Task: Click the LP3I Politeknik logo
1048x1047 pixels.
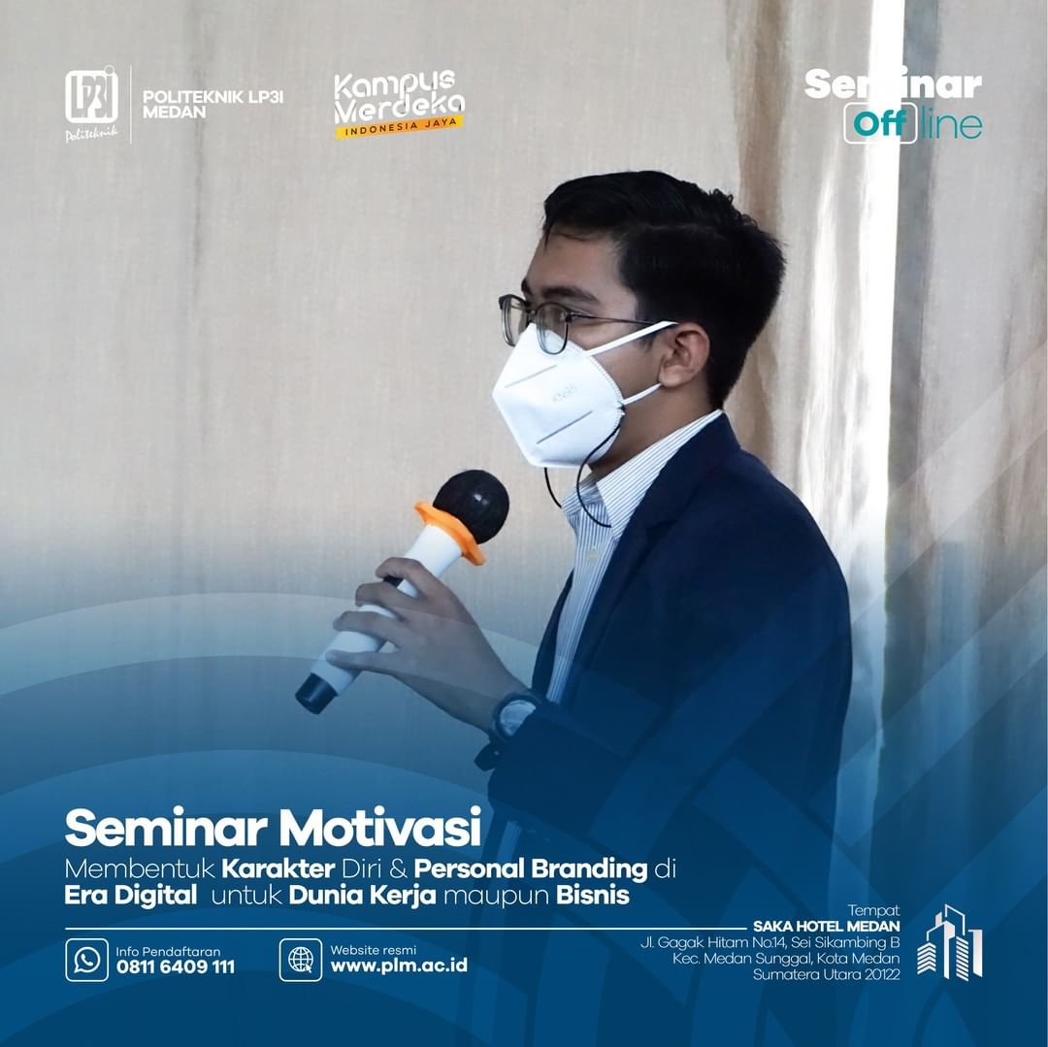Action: (91, 104)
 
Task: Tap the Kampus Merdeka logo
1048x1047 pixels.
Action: (399, 104)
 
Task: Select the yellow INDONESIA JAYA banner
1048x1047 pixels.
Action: (399, 126)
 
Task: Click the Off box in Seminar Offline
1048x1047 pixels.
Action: (880, 123)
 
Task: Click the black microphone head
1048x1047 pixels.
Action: (472, 504)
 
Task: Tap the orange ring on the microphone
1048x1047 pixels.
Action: (450, 531)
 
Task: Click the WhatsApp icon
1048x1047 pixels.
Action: (87, 960)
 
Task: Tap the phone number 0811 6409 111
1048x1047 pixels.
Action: (175, 966)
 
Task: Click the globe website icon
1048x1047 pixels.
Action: (301, 960)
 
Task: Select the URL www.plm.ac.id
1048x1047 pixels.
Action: (399, 965)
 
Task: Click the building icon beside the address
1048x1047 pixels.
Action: (950, 942)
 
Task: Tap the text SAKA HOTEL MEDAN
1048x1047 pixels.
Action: (826, 926)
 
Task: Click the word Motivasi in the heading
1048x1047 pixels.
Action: (380, 829)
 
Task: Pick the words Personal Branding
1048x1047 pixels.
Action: (531, 868)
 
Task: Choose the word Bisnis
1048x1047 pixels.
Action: (593, 895)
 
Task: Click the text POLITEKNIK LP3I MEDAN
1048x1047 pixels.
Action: (213, 104)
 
